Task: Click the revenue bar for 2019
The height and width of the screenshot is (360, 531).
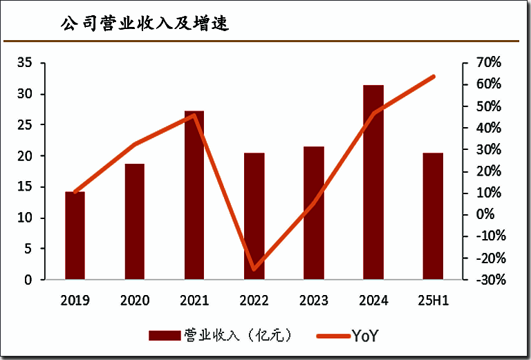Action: [x=75, y=236]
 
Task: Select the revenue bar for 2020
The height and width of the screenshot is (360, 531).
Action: [x=134, y=222]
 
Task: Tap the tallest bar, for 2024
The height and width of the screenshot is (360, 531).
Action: [x=373, y=183]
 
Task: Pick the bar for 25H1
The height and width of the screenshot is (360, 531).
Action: [x=433, y=216]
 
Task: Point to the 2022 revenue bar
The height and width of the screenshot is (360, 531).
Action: [x=254, y=216]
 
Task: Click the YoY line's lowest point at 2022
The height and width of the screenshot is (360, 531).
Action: [x=254, y=269]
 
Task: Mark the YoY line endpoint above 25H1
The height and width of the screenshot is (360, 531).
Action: [x=434, y=76]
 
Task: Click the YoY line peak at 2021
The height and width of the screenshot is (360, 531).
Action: [x=194, y=115]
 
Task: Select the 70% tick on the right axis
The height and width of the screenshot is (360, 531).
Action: [x=488, y=63]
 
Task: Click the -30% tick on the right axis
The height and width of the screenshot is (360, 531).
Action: [x=488, y=280]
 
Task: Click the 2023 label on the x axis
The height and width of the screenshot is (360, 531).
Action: [x=313, y=301]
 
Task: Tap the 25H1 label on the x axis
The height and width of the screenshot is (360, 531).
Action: [x=434, y=301]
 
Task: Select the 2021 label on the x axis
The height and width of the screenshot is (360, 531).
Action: [x=194, y=301]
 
